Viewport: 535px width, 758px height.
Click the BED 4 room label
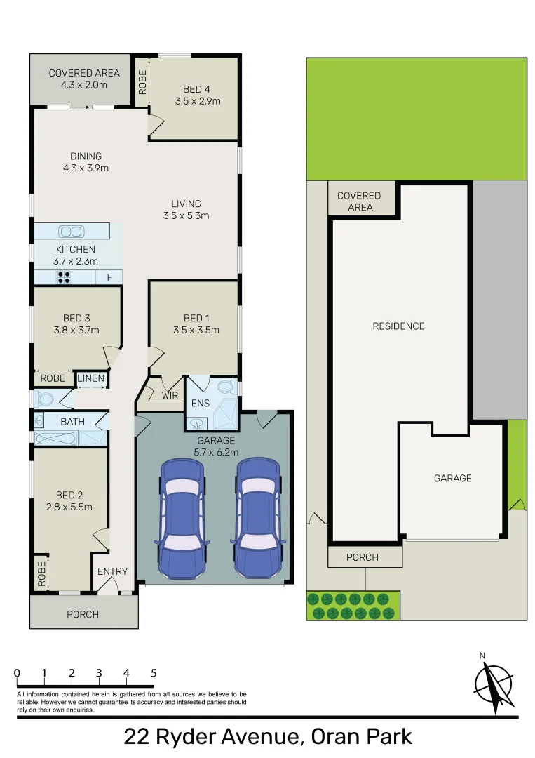click(196, 89)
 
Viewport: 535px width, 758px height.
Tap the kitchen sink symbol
click(70, 231)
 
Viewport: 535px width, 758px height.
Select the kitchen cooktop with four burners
click(65, 277)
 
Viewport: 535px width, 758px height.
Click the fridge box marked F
click(109, 277)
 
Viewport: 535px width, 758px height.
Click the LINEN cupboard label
click(91, 378)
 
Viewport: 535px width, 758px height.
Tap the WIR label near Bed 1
click(170, 396)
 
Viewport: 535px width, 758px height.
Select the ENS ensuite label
click(201, 404)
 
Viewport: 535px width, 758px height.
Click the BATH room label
click(72, 422)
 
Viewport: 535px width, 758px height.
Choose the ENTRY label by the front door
click(112, 571)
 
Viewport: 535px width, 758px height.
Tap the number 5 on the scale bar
click(154, 673)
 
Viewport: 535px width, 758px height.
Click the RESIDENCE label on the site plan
click(398, 326)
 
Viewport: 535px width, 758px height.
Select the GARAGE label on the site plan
click(452, 478)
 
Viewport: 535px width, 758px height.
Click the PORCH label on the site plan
click(363, 557)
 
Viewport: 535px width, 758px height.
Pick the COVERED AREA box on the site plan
click(359, 201)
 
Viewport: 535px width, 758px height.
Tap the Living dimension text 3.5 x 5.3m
click(186, 215)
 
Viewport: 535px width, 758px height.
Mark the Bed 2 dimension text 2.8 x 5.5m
click(69, 507)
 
